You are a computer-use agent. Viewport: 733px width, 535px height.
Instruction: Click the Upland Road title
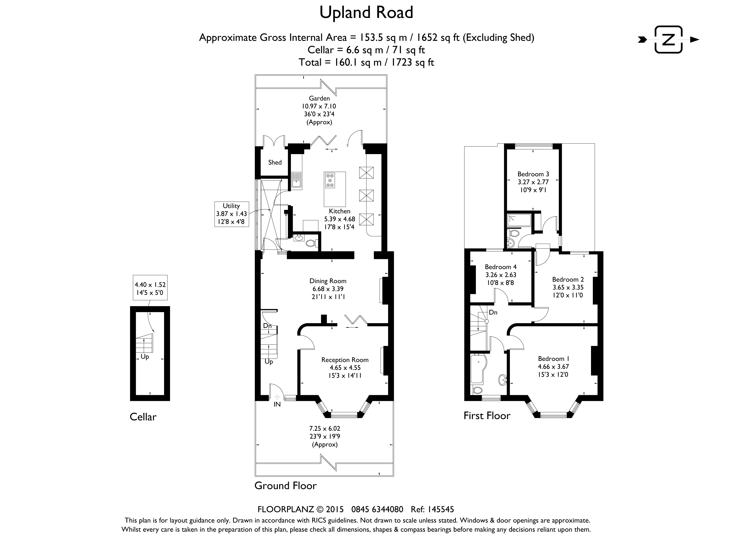coord(366,13)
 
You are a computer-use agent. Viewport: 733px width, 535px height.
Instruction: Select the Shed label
coord(275,162)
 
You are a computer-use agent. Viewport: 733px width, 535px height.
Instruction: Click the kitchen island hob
coord(330,180)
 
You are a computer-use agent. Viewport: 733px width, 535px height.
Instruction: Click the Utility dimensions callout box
coord(232,214)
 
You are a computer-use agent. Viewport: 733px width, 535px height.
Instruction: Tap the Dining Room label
coord(328,281)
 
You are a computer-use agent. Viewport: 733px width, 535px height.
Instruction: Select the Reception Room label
coord(345,360)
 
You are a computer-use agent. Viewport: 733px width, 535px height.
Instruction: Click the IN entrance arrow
coord(277,397)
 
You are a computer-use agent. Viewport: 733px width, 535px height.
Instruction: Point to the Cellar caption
coord(143,417)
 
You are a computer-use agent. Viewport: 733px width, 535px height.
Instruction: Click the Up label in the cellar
coord(145,357)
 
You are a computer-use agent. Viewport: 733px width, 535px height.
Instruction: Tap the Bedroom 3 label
coord(533,174)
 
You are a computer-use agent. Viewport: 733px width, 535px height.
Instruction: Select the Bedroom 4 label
coord(501,267)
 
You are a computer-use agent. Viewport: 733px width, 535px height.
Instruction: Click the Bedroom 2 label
coord(568,279)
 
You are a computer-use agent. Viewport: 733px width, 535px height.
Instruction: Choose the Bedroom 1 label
coord(554,359)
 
